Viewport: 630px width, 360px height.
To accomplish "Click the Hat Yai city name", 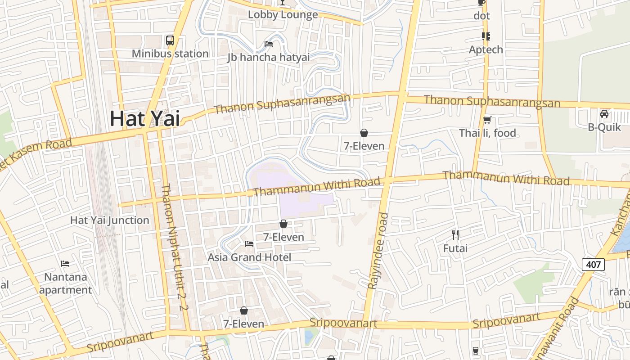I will (x=145, y=119).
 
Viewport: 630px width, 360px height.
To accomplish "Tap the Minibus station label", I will (x=170, y=54).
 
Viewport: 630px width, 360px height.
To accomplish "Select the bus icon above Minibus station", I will (x=170, y=40).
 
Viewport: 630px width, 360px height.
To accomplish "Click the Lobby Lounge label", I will (x=283, y=15).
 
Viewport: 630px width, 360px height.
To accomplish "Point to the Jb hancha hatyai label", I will (x=269, y=58).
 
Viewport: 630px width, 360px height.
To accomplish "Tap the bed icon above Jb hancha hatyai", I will (x=269, y=44).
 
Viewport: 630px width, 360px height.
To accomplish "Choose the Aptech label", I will (x=486, y=49).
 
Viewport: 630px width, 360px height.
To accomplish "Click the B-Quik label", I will (x=604, y=127).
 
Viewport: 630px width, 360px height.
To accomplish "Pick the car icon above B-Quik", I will (x=604, y=114).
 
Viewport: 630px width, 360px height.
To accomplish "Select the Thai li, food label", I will (x=487, y=133).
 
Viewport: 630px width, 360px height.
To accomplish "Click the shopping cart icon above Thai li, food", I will (x=487, y=120).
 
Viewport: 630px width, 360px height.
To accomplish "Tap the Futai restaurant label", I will (x=455, y=248).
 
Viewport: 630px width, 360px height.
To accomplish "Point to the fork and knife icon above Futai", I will (x=455, y=234).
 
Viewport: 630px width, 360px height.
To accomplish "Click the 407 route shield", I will (x=594, y=265).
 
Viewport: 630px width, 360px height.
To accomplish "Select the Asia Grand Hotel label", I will (x=249, y=257).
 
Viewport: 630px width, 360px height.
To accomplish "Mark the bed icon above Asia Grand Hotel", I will (x=249, y=244).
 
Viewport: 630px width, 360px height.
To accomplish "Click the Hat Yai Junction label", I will (x=110, y=220).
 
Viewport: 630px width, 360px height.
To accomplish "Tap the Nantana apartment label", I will (x=65, y=283).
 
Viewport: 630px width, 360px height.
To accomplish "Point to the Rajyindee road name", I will (x=378, y=251).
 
